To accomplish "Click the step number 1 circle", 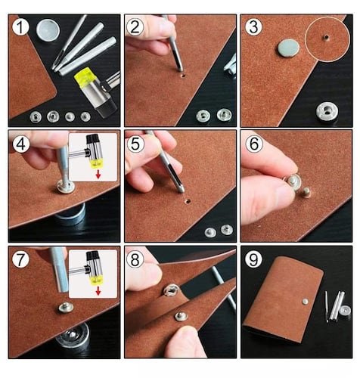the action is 20,27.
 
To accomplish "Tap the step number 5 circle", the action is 135,144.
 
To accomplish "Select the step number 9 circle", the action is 253,259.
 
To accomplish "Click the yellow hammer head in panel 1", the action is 85,77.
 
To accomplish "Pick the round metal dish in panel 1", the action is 48,30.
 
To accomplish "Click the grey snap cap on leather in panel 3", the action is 289,48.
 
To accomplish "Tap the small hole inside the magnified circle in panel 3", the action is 326,38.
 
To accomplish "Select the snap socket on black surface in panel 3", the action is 327,111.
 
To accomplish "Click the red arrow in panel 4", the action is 98,174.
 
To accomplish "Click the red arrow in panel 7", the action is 98,291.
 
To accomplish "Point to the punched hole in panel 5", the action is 188,201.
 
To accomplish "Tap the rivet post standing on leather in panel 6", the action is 306,193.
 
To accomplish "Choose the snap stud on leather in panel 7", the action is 66,308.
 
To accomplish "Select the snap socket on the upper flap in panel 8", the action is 171,290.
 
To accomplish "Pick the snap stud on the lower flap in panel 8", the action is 182,316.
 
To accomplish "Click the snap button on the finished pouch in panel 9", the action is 305,301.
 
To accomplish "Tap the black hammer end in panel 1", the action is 107,107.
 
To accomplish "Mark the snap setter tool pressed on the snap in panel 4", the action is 64,168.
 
